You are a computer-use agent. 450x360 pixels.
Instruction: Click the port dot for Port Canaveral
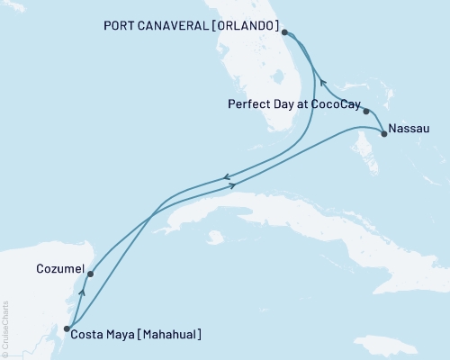284,32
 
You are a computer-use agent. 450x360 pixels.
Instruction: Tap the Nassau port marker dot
384,134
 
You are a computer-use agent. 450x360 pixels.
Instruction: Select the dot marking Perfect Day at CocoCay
366,112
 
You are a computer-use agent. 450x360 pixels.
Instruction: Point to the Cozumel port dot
91,274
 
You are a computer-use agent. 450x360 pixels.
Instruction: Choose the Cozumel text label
60,268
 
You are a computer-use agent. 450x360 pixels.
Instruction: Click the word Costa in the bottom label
92,335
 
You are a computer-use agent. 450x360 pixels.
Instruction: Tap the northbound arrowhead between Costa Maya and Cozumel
82,292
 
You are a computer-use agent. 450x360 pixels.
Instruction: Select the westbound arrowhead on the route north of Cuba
226,177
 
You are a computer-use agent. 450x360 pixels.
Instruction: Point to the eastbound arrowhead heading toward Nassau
233,185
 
